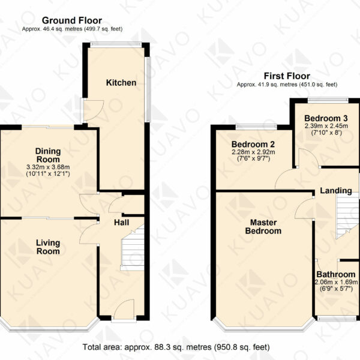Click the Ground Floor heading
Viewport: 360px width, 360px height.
(x=72, y=20)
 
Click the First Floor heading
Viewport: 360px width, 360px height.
(x=287, y=76)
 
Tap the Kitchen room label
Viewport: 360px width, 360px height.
(x=121, y=83)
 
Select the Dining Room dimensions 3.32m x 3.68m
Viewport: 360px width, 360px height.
(x=48, y=167)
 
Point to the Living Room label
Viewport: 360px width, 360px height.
(x=48, y=247)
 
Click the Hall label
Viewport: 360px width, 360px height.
(x=121, y=223)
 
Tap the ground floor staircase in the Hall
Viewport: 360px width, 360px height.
(x=133, y=248)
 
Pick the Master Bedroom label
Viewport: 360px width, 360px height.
(x=263, y=227)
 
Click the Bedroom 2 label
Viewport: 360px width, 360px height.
(x=253, y=145)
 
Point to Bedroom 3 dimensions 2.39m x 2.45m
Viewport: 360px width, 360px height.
(x=326, y=126)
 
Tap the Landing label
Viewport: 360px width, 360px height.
(x=336, y=191)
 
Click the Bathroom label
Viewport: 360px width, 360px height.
(x=336, y=274)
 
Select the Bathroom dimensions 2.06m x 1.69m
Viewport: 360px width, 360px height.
(x=336, y=282)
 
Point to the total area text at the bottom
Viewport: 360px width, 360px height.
(x=176, y=347)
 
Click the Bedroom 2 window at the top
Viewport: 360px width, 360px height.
(x=256, y=126)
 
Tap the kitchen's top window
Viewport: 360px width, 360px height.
(x=116, y=44)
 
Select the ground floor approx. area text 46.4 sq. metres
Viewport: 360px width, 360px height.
(x=73, y=29)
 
